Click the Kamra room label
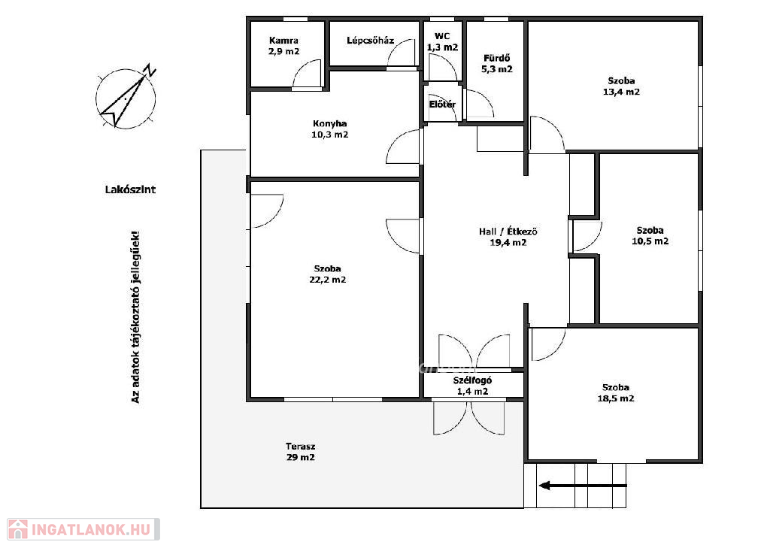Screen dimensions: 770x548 283,41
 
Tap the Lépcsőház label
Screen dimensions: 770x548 370,41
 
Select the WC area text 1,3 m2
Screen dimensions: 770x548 442,47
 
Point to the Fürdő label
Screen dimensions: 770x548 497,58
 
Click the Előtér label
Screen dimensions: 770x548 442,104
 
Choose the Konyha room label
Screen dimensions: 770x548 329,124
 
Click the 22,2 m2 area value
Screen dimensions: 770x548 328,280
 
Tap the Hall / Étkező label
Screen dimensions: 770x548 508,232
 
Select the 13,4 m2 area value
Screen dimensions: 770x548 621,92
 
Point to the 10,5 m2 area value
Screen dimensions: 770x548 650,241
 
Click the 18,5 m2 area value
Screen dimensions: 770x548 616,398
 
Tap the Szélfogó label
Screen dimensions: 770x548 472,380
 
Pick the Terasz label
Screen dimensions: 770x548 301,447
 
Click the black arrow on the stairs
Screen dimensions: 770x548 583,486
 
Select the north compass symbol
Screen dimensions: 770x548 126,97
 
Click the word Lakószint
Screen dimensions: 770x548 131,189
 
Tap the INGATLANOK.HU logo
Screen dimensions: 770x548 83,530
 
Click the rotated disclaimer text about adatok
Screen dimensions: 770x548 135,317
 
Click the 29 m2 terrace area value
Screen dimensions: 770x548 301,458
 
